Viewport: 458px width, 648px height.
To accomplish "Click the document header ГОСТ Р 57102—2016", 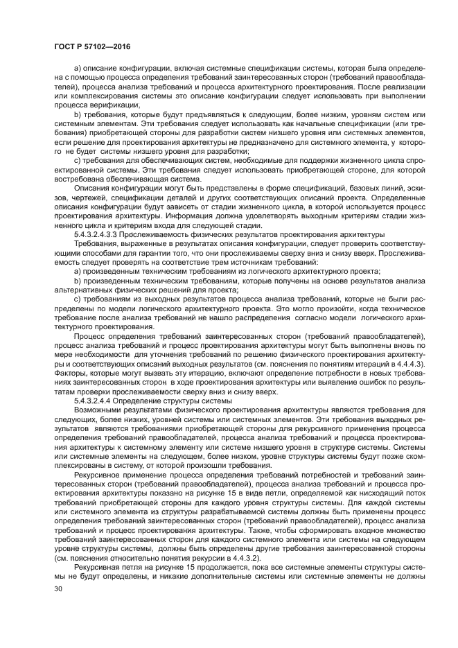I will tap(92, 46).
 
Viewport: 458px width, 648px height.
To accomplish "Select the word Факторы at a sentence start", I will tap(71, 373).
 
